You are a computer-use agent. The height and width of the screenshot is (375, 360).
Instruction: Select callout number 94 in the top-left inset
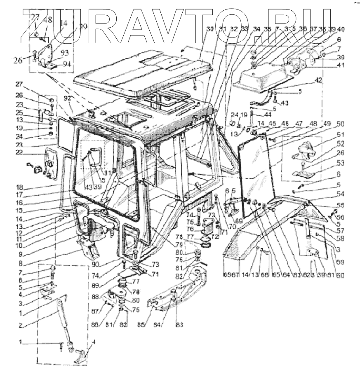tap(66, 64)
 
